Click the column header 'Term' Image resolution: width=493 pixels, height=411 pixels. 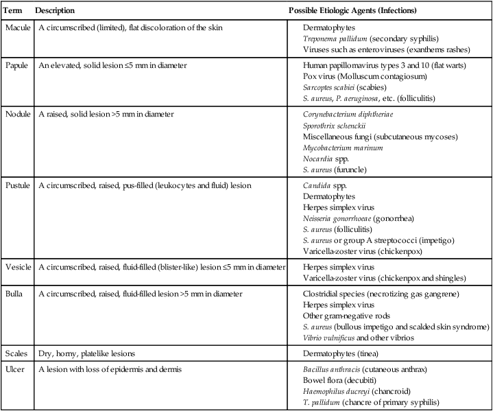[x=13, y=12]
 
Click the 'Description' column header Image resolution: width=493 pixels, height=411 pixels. [x=55, y=12]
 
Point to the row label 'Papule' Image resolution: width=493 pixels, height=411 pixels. [x=16, y=64]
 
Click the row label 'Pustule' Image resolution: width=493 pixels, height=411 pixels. [x=18, y=185]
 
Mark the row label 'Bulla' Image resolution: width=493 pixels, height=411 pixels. [x=14, y=294]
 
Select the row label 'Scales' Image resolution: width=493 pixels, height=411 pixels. [x=16, y=353]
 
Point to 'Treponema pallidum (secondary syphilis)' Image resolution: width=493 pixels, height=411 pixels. [x=367, y=38]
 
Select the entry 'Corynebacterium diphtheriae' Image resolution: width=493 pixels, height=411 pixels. [x=348, y=113]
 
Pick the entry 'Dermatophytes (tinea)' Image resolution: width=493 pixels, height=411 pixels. [x=344, y=353]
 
